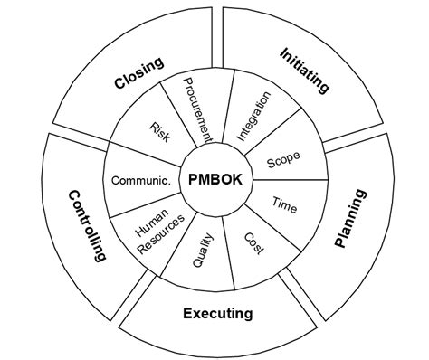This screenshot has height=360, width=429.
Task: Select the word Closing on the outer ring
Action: [138, 73]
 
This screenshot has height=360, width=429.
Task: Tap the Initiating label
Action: [303, 71]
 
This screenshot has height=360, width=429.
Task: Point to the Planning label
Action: [350, 218]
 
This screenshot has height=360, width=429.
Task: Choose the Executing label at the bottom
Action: [217, 314]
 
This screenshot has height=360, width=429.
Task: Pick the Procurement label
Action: [197, 109]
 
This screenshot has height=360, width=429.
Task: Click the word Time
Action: [283, 204]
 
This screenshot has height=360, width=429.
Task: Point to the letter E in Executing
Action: [186, 314]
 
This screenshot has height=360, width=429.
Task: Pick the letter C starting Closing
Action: [119, 84]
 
